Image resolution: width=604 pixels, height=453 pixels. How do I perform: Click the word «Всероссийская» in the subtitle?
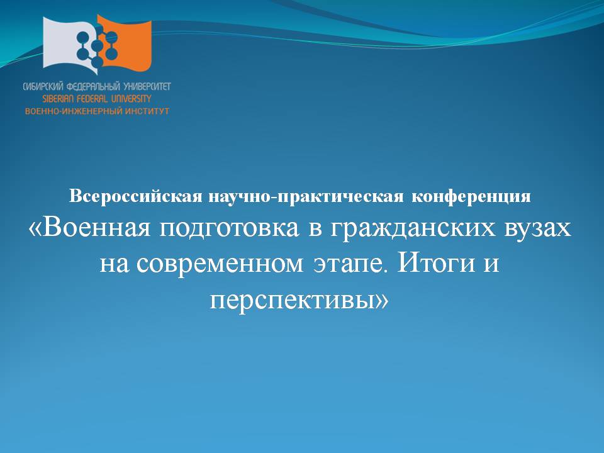[136, 196]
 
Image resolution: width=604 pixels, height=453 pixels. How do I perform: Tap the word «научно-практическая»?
[306, 196]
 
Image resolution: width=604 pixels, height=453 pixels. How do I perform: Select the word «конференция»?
[471, 196]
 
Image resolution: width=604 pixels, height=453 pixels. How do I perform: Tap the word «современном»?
[220, 264]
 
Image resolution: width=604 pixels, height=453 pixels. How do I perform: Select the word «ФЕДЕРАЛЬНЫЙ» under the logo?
[94, 87]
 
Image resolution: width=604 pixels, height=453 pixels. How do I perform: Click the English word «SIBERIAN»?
[59, 99]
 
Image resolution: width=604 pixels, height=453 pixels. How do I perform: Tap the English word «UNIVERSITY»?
[131, 99]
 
